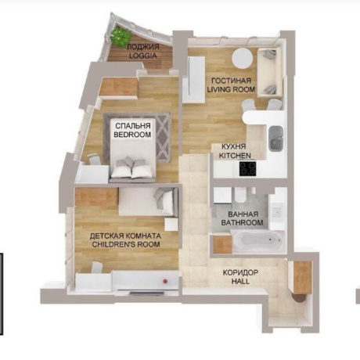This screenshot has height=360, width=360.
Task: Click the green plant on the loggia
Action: click(121, 37)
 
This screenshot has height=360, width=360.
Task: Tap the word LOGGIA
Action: click(143, 56)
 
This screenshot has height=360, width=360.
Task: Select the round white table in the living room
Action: click(243, 59)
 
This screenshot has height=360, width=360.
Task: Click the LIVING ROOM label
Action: click(231, 89)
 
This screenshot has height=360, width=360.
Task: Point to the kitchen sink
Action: click(276, 139)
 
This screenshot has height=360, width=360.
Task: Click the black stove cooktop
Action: click(248, 168)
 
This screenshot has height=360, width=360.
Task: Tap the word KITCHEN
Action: click(235, 156)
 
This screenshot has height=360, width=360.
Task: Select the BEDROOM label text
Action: click(132, 135)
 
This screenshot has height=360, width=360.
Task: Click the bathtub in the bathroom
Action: click(257, 240)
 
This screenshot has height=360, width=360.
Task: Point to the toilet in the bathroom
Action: click(240, 194)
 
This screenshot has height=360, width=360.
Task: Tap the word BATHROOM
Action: click(242, 223)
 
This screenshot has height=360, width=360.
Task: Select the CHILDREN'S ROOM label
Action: click(126, 244)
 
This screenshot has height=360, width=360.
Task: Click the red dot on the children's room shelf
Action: click(165, 281)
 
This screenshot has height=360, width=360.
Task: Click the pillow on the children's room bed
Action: click(164, 199)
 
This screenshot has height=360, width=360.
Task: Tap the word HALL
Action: click(240, 281)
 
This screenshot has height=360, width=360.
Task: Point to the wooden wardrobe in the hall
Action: click(303, 277)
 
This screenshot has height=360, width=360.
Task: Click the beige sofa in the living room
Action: click(270, 73)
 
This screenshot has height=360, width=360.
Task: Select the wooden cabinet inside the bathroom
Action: click(222, 244)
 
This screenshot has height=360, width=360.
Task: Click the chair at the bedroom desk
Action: click(94, 160)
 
